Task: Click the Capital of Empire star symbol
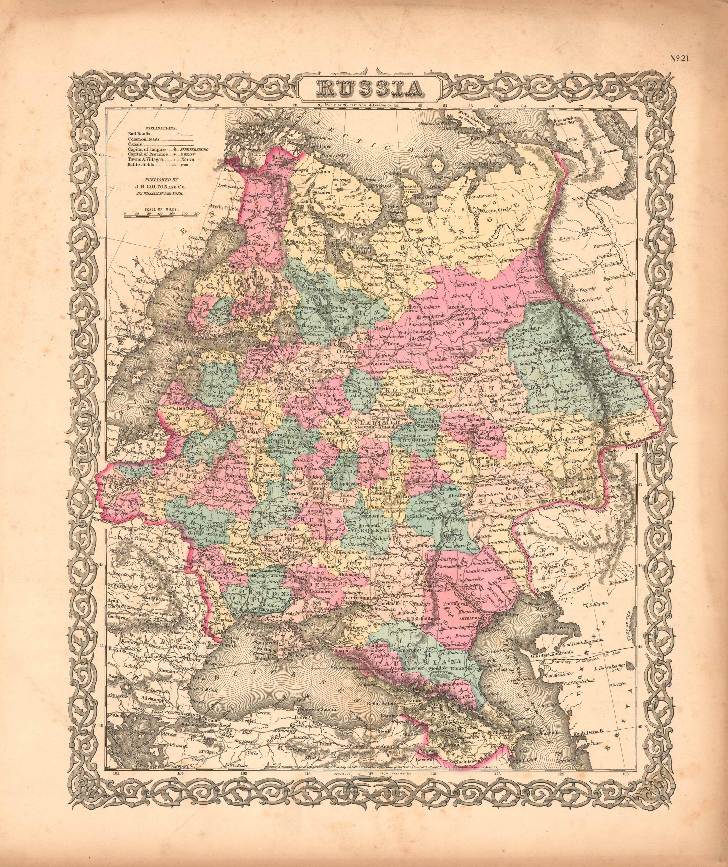click(x=171, y=149)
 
